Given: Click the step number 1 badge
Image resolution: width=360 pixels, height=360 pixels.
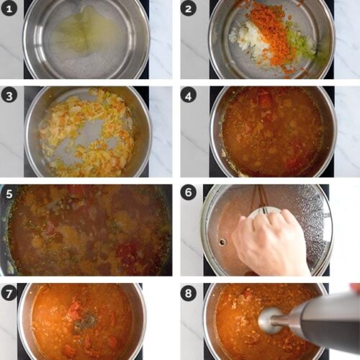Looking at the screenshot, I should (9, 9).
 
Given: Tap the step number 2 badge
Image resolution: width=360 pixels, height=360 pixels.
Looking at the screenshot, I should (189, 9).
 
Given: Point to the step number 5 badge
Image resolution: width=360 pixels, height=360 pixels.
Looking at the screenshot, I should (9, 194).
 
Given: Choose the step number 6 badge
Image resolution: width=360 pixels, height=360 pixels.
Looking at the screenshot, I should (189, 194).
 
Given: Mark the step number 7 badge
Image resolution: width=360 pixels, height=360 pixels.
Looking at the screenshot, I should (9, 292).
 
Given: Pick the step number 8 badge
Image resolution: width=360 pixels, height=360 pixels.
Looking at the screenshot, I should (189, 292).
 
